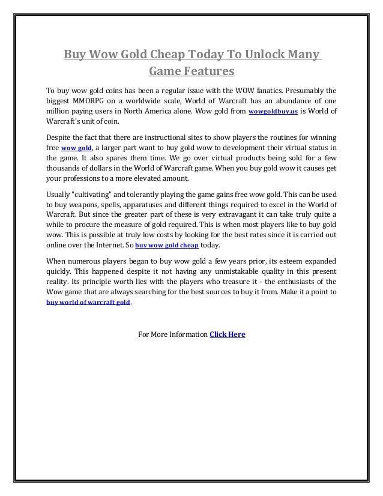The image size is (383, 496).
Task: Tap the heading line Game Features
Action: click(x=191, y=73)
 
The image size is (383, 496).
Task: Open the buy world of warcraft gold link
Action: click(x=88, y=303)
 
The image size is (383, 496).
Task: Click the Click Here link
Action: click(x=227, y=334)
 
